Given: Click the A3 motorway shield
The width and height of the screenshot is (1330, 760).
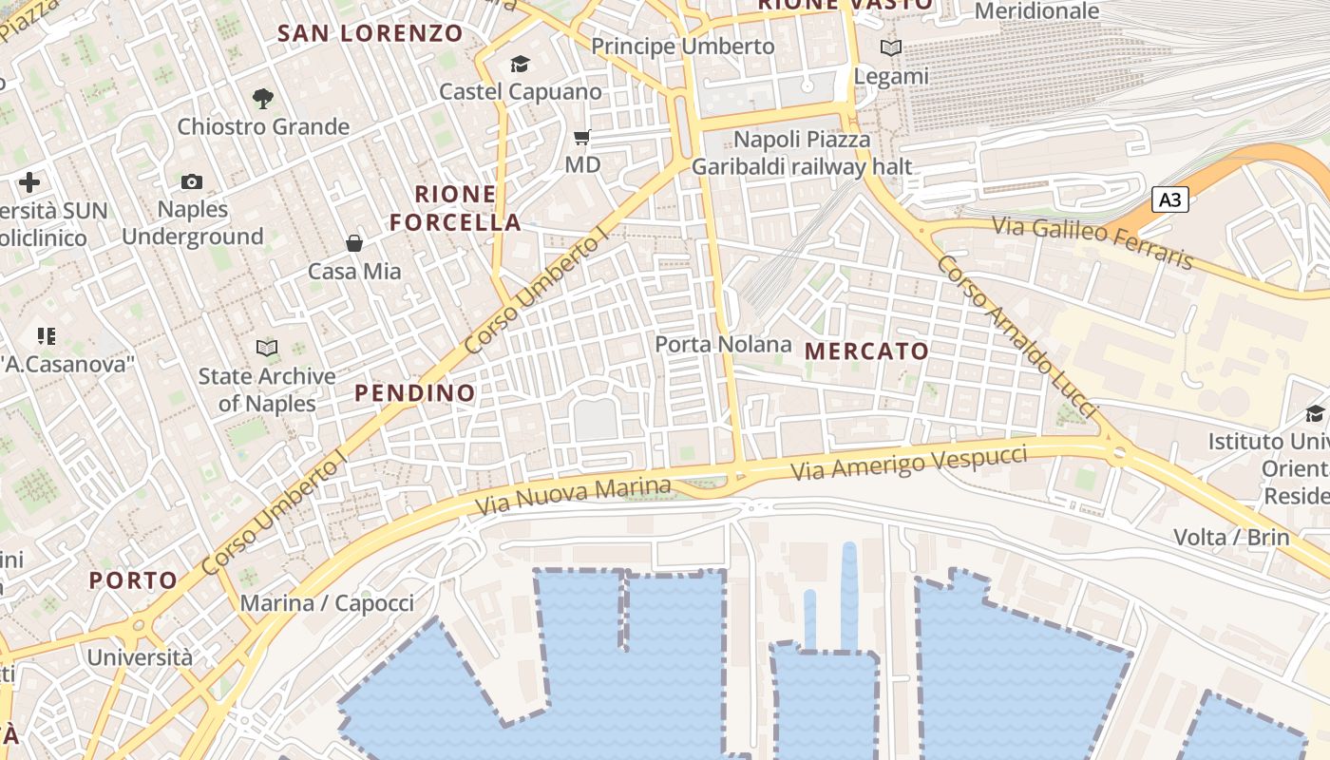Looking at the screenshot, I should click(x=1170, y=199).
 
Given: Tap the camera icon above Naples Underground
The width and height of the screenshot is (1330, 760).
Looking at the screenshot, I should click(x=192, y=181).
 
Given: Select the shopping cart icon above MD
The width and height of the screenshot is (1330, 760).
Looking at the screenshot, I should click(x=582, y=138).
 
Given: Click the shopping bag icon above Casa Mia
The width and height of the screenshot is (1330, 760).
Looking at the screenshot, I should click(x=354, y=243).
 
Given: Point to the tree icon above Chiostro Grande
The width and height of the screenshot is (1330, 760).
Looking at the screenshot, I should click(x=262, y=97).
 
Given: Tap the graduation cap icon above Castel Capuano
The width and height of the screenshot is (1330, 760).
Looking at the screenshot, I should click(x=520, y=64).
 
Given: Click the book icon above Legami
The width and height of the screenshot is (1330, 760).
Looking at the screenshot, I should click(x=890, y=47).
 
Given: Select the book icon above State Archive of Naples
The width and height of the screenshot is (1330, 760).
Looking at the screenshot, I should click(x=267, y=349).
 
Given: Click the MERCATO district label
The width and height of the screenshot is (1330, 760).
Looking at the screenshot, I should click(x=866, y=351).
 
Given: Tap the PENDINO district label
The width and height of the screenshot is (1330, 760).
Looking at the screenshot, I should click(x=414, y=392).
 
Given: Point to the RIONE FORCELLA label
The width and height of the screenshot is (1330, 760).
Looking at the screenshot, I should click(x=456, y=209).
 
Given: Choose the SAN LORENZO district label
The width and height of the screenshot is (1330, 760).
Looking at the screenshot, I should click(x=370, y=33).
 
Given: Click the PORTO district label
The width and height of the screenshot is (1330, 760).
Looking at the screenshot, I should click(x=133, y=580).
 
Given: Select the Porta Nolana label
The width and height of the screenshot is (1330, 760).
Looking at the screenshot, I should click(x=724, y=344).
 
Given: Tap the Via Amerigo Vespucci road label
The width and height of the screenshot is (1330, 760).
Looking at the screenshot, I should click(x=909, y=461).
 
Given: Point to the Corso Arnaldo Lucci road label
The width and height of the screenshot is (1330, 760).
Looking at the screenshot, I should click(x=1016, y=337).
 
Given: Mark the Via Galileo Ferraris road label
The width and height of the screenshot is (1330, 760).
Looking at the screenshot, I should click(x=1092, y=242).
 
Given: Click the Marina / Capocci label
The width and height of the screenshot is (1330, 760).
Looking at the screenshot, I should click(x=327, y=603).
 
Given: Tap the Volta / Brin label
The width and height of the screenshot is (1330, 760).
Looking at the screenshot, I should click(x=1231, y=537).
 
